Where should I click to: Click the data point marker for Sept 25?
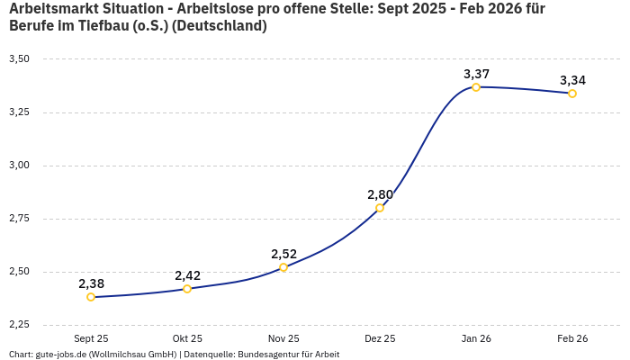pos(91,297)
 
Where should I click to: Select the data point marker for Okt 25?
pos(187,289)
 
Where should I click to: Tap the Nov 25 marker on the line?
pos(283,267)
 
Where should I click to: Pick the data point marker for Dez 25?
pos(380,208)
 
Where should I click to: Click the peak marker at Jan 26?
pos(476,87)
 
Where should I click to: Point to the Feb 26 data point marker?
pos(572,94)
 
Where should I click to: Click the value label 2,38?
pos(91,283)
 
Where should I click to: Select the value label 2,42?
pos(187,275)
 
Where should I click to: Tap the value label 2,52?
pos(283,254)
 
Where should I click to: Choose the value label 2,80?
pos(380,194)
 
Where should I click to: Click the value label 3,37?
pos(476,74)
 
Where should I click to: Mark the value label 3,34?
pos(572,80)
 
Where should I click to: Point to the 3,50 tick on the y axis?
pos(19,59)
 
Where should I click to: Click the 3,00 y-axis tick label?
pos(19,166)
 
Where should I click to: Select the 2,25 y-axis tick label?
pos(19,325)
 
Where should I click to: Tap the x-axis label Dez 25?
pos(380,339)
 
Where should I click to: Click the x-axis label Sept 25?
pos(91,339)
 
